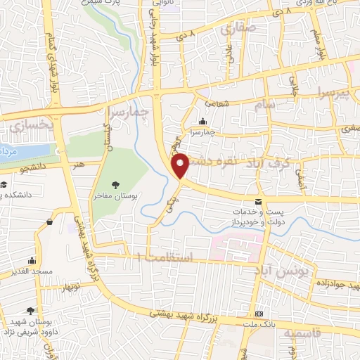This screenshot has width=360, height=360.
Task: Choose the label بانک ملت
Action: pos(260,324)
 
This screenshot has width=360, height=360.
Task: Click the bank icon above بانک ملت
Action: pos(260,313)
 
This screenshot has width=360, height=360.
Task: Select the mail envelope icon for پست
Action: pos(259,202)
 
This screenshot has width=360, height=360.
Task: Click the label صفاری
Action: pos(236,29)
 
